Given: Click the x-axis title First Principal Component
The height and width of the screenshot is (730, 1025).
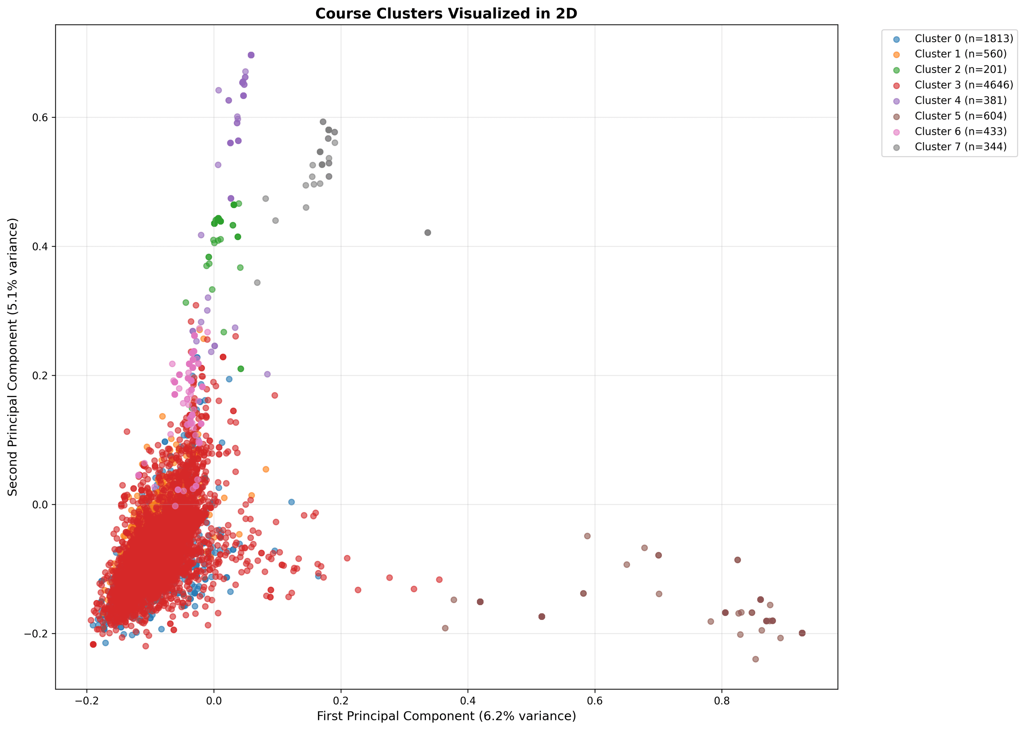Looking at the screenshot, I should point(446,716).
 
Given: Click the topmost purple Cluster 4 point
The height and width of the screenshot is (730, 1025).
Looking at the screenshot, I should point(251,55).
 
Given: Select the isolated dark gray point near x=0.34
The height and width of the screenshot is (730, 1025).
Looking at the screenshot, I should point(428,232).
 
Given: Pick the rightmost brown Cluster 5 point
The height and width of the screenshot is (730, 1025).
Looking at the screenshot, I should point(802,633).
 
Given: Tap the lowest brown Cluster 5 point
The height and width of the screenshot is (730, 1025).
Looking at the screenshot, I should point(755,659).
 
